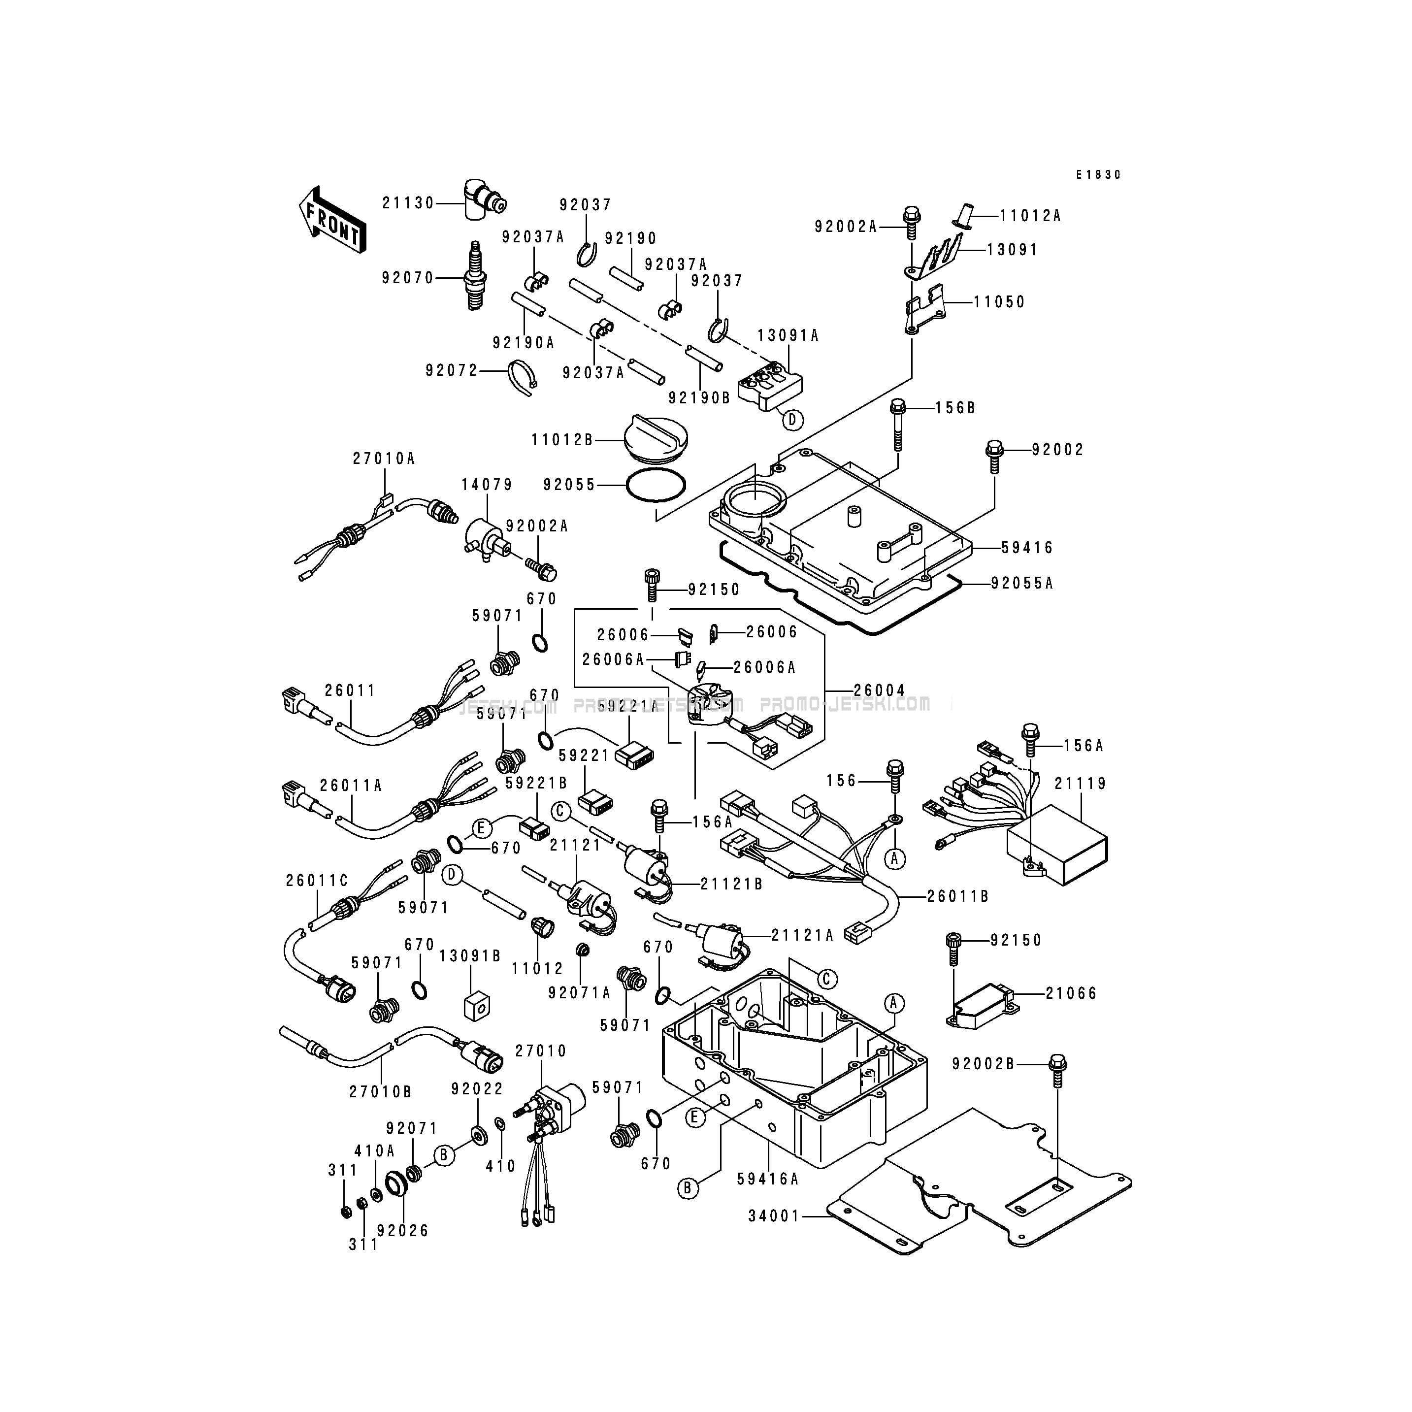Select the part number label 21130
(408, 203)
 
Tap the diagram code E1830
(1098, 175)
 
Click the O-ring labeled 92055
(657, 485)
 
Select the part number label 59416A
(767, 1178)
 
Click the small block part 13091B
(477, 1006)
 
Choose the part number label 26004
(879, 690)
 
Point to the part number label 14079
(487, 485)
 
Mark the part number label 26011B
(957, 896)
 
